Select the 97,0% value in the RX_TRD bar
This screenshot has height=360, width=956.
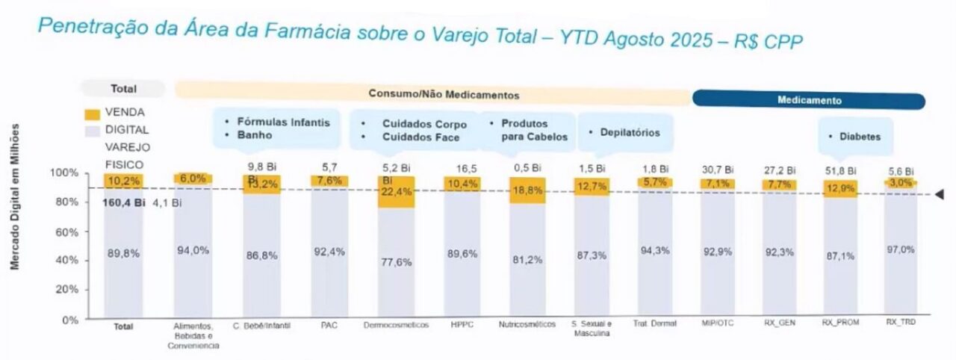(x=901, y=249)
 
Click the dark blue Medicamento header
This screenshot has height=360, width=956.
(x=809, y=100)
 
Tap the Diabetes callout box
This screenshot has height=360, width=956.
(x=854, y=137)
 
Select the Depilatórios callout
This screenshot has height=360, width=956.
(x=624, y=133)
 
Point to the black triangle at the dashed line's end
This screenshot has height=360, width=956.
(x=941, y=194)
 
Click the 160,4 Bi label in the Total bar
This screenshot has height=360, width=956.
(x=124, y=202)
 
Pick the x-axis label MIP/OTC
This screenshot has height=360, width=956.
(x=716, y=325)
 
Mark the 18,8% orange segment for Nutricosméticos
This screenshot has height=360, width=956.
(x=527, y=190)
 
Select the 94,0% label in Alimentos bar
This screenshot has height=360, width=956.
(x=193, y=251)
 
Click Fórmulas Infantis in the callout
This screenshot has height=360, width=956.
(x=283, y=122)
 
